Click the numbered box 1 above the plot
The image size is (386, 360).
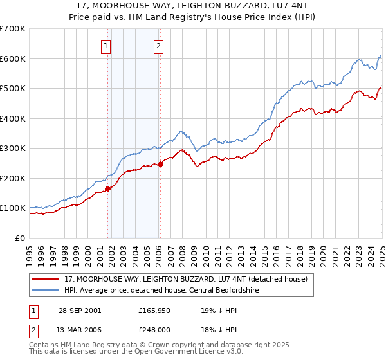click(x=106, y=46)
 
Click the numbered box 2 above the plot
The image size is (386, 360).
click(x=158, y=46)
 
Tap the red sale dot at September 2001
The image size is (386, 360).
click(x=108, y=188)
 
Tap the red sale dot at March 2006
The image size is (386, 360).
click(x=160, y=163)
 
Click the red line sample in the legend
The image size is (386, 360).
click(x=47, y=279)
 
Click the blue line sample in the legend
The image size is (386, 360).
click(x=47, y=289)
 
